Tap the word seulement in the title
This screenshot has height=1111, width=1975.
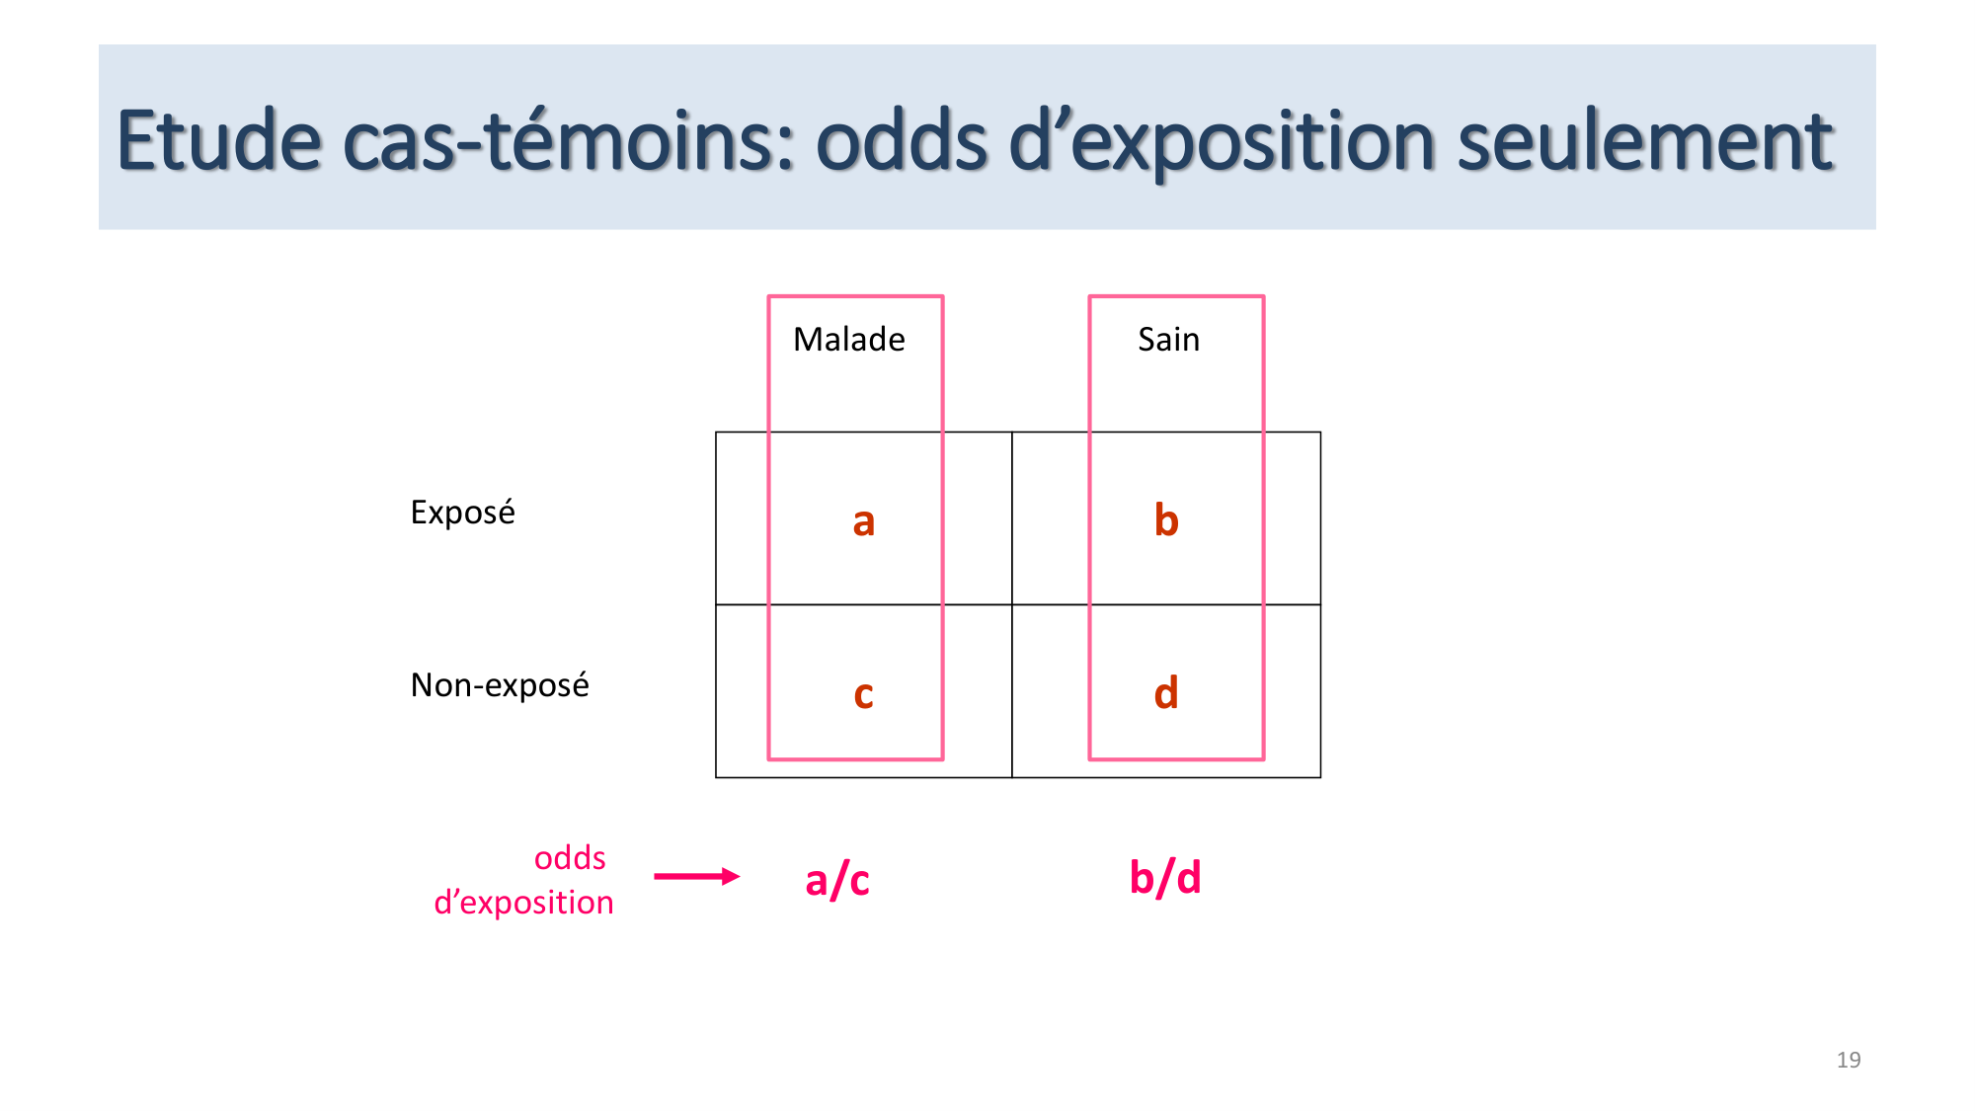1645,141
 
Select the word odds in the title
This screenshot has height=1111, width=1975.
902,141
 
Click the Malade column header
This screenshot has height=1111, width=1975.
849,340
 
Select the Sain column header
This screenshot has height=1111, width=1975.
1168,340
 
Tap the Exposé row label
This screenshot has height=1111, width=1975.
462,513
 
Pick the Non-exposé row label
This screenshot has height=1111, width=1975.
500,685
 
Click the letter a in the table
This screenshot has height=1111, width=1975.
864,521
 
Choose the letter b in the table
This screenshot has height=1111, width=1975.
1166,519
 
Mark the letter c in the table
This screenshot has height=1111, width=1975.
864,694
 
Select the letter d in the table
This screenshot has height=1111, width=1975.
1166,692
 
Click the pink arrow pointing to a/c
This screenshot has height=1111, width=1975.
696,876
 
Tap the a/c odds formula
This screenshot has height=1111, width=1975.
837,879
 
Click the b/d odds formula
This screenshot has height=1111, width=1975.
1165,877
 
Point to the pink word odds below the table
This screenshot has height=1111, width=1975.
570,858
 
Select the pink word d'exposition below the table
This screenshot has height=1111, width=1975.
523,903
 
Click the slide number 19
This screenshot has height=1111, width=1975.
1849,1060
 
